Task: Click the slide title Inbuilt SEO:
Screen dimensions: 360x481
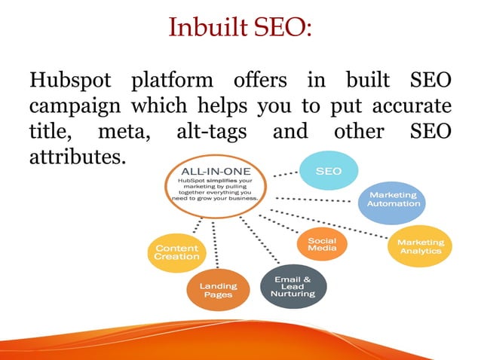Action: click(240, 28)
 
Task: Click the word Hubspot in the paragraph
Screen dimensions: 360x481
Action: click(70, 80)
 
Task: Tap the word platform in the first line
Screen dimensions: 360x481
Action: click(172, 80)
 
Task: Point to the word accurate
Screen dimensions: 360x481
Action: click(412, 105)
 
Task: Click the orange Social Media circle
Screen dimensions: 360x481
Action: click(322, 243)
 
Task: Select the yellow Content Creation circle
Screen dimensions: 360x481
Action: click(176, 252)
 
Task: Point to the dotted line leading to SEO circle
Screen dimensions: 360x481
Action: click(284, 174)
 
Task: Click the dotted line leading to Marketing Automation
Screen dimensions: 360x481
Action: click(317, 201)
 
